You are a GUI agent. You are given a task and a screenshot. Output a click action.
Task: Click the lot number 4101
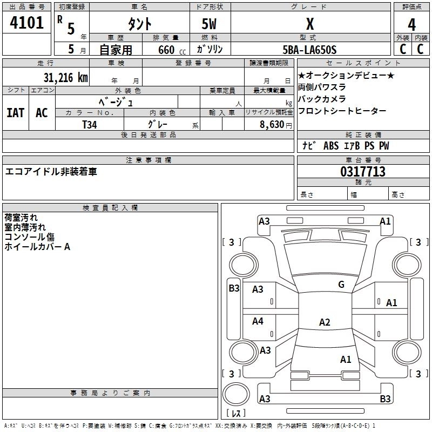(26, 23)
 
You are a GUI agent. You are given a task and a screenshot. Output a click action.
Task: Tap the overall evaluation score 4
(412, 24)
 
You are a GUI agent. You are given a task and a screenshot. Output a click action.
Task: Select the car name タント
(139, 24)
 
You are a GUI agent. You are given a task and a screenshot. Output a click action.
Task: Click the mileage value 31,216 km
(66, 77)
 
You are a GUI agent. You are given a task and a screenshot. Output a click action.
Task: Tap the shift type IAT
(15, 113)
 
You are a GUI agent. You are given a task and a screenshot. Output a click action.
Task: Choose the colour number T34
(90, 124)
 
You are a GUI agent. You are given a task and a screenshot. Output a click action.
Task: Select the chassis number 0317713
(363, 172)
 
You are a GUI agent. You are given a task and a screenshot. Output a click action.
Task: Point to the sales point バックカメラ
(322, 99)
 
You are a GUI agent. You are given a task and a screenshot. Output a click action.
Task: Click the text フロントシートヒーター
(342, 111)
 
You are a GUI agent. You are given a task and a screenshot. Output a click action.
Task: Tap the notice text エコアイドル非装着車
(51, 172)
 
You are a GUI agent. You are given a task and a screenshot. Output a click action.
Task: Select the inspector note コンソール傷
(30, 237)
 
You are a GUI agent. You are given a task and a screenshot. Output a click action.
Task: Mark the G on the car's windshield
(341, 285)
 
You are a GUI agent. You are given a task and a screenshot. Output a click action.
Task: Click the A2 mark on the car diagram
(325, 322)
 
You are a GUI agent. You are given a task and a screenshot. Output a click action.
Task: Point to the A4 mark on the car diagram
(258, 321)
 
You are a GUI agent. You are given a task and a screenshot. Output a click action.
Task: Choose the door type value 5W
(210, 24)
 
